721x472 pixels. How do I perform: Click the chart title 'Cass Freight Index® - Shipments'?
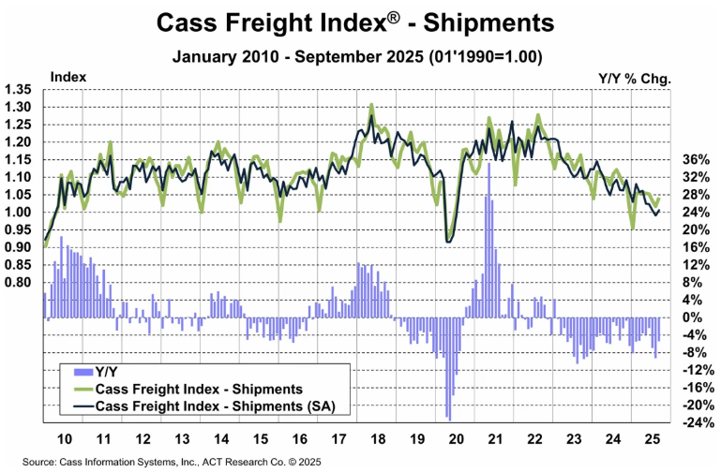[359, 21]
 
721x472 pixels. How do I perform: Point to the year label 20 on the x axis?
[458, 439]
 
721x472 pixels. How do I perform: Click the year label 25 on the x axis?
[649, 439]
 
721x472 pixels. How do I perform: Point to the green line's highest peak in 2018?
[372, 104]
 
